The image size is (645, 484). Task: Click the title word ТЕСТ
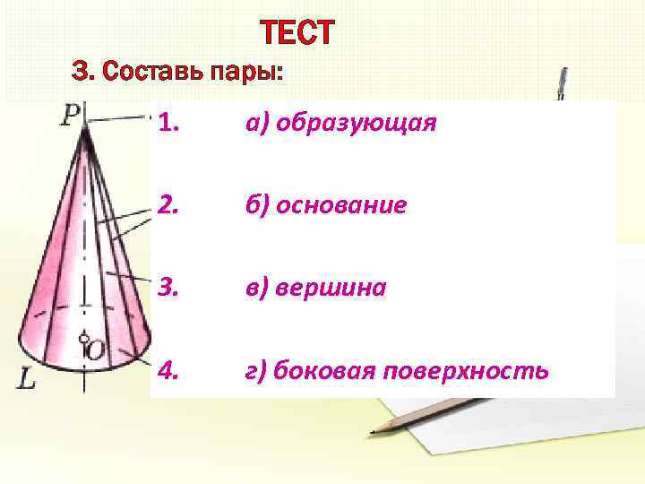pos(298,33)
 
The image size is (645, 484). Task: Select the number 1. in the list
pos(170,124)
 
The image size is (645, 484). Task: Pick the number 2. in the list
pos(170,206)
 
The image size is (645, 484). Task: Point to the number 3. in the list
pos(170,289)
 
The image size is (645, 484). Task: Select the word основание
pos(341,206)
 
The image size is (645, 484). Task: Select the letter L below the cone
pos(28,381)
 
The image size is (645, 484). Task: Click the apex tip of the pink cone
pos(85,128)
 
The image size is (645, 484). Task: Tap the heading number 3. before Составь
pos(82,71)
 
